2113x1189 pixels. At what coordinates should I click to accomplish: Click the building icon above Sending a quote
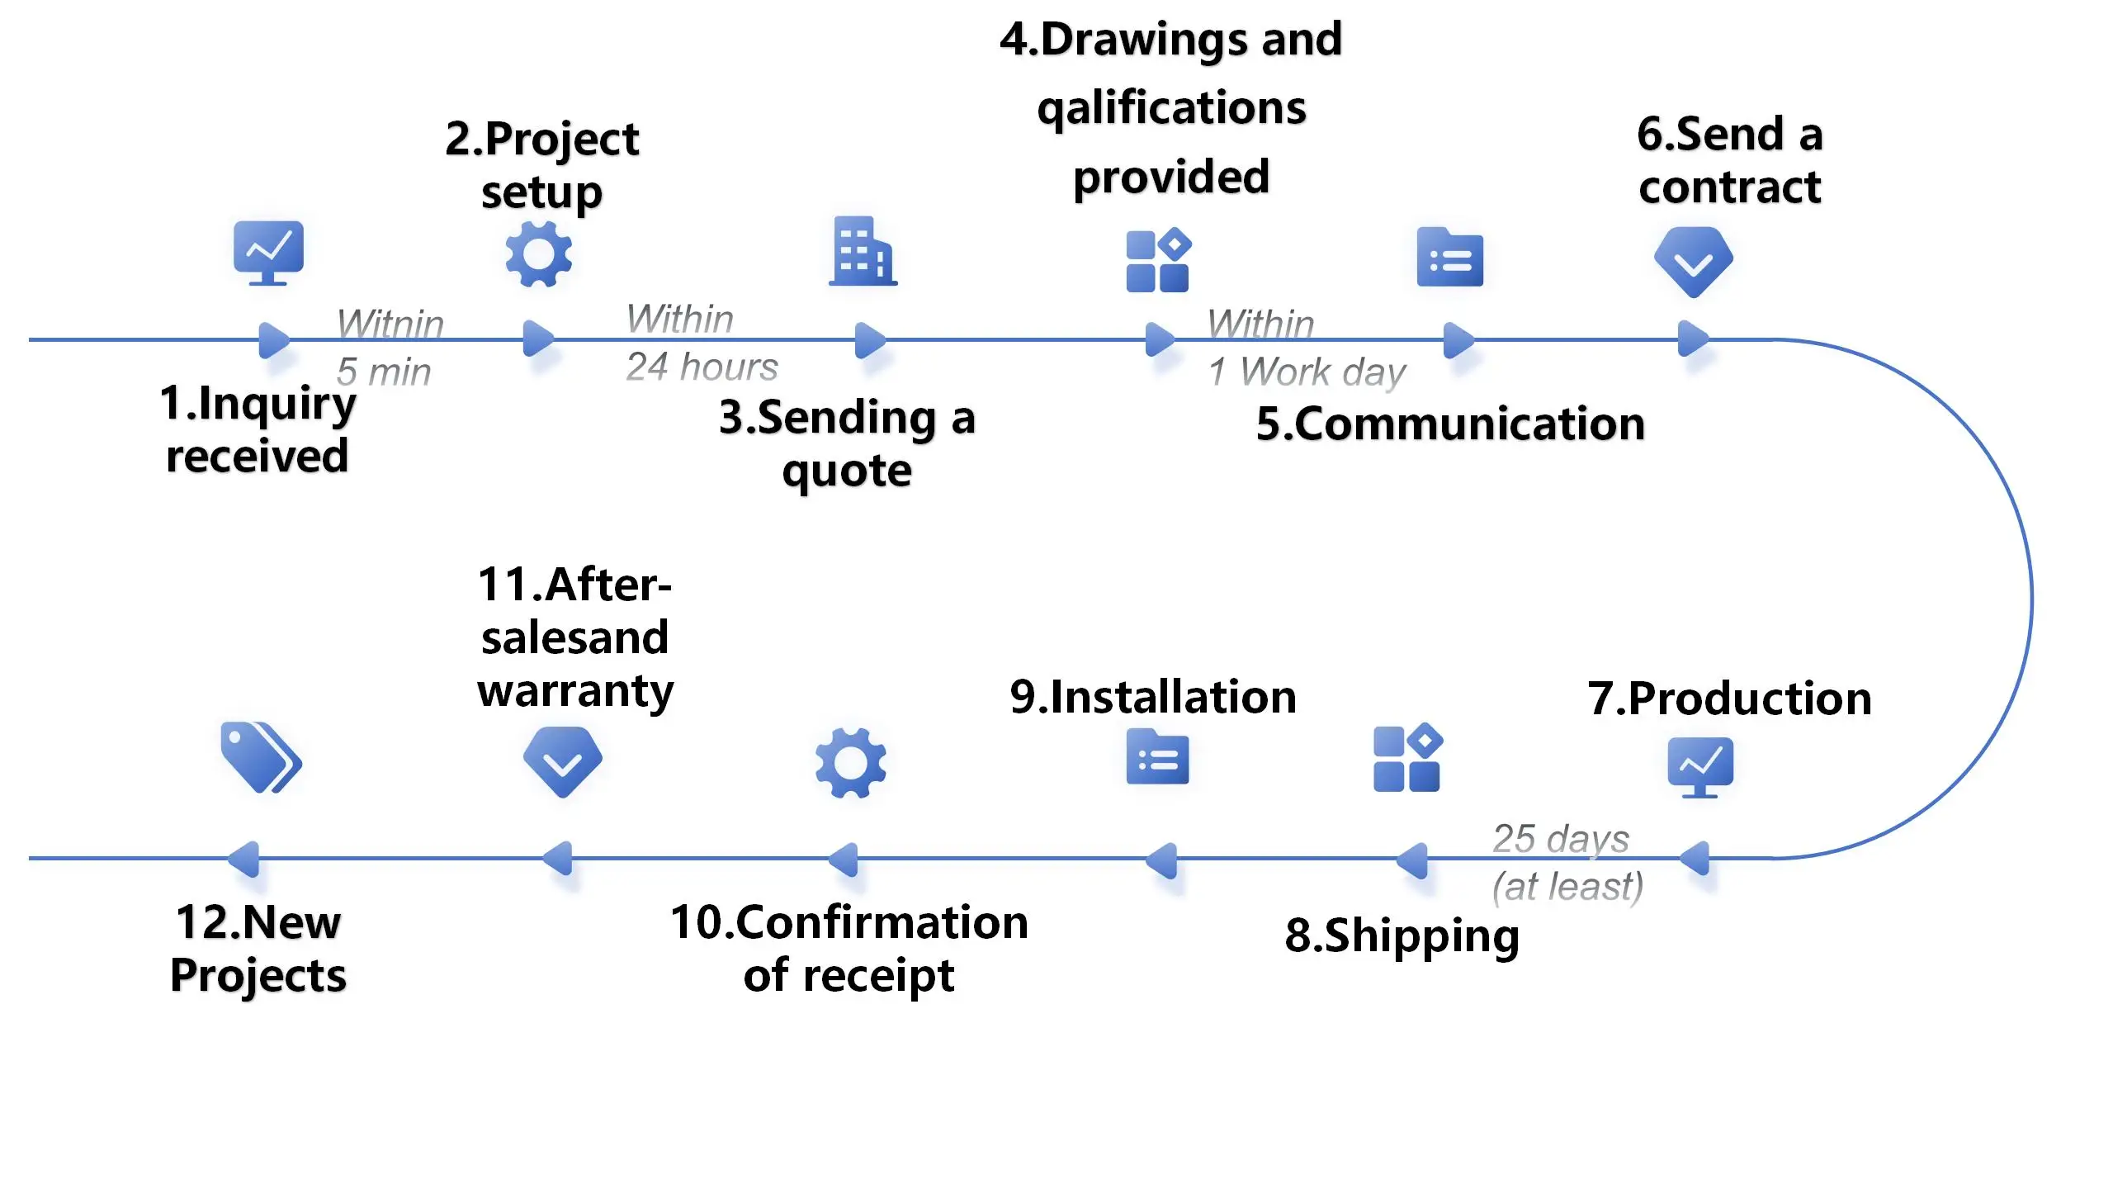click(863, 252)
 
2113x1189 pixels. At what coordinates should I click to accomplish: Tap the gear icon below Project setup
click(538, 255)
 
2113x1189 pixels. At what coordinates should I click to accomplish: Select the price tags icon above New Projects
click(261, 757)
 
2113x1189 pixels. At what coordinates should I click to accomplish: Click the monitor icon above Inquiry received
click(268, 252)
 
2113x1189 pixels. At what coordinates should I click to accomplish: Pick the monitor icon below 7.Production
click(1699, 766)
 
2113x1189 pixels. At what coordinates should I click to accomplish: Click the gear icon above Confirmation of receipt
click(850, 762)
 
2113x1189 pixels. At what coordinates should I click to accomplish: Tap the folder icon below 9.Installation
click(1157, 757)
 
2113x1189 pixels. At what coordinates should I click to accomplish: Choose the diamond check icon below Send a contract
click(1693, 262)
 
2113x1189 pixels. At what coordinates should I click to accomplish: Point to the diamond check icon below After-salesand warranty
click(563, 761)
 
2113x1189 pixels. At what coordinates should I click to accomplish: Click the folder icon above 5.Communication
click(1449, 258)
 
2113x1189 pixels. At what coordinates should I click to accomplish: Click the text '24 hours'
click(702, 367)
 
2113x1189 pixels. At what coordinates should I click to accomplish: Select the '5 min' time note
click(384, 372)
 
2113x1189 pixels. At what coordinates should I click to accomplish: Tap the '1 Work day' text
click(1307, 372)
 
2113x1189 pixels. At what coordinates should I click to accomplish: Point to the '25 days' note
click(1561, 839)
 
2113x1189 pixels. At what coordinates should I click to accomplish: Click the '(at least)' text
click(1567, 886)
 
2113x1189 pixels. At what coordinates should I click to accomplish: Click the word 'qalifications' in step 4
click(1171, 108)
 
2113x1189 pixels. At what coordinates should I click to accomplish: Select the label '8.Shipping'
click(1402, 936)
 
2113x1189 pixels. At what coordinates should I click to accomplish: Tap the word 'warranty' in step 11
click(575, 691)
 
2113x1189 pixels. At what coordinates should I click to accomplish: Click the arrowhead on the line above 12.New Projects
click(244, 859)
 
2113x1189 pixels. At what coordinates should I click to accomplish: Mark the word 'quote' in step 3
click(847, 471)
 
